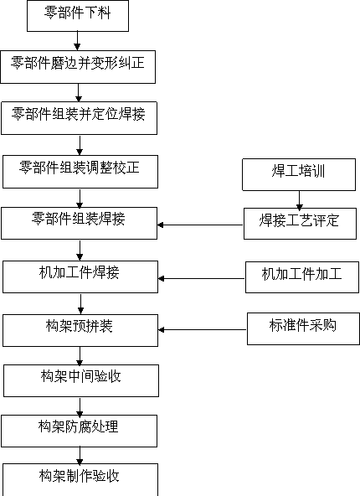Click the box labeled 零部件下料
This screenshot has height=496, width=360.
click(x=78, y=16)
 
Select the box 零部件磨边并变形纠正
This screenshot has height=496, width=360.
click(x=78, y=67)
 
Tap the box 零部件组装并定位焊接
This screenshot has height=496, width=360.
click(x=79, y=118)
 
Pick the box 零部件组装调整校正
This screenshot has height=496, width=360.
click(x=80, y=172)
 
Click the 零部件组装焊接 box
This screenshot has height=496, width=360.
click(x=79, y=223)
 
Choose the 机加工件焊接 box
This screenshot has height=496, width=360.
click(x=80, y=276)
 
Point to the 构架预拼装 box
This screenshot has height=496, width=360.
click(x=80, y=330)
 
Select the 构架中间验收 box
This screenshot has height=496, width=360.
click(x=81, y=380)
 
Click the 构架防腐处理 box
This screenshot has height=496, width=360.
click(x=79, y=431)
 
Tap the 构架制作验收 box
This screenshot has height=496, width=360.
click(x=80, y=479)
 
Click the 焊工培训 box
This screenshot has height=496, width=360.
click(x=299, y=174)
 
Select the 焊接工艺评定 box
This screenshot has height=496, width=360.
click(x=300, y=224)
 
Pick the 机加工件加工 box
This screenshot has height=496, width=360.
click(x=302, y=277)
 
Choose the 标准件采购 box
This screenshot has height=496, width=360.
click(x=303, y=328)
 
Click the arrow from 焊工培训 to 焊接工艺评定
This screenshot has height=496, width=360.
click(x=299, y=199)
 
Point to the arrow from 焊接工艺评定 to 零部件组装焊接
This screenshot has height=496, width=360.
click(x=200, y=225)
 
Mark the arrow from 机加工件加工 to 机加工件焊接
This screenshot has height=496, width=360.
click(x=202, y=278)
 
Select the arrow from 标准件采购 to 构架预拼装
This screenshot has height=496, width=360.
click(x=203, y=329)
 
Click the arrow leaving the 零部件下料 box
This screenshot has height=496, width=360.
click(x=77, y=41)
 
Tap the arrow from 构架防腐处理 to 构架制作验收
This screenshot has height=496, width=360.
click(x=80, y=456)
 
